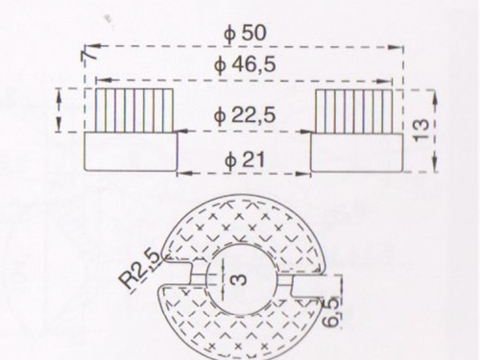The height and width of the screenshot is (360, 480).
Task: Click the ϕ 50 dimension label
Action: pos(245,33)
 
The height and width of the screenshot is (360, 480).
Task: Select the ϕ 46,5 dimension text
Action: pos(245,64)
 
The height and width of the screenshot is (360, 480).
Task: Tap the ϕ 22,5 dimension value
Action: pos(245,115)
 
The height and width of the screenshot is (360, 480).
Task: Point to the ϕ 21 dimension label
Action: pos(245,159)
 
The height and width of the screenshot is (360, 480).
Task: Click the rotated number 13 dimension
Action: pos(421,130)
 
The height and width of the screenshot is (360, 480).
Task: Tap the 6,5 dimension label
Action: pos(330,312)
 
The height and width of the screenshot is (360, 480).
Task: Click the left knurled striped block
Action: pos(134,110)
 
